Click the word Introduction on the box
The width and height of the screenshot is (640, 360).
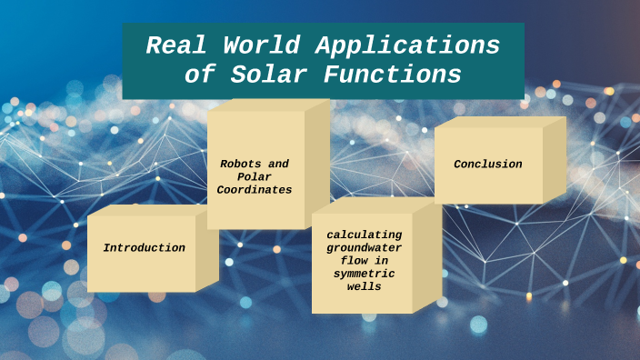(144, 247)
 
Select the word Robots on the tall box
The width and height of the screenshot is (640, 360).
(240, 165)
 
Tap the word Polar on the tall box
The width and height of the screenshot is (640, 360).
(255, 177)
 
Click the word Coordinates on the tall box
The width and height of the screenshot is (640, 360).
(255, 190)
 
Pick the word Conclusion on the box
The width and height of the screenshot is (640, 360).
(488, 165)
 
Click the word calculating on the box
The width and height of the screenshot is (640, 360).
(364, 235)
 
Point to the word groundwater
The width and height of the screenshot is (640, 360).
(364, 247)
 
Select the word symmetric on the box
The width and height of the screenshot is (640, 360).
(364, 273)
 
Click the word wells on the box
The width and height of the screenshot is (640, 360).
(364, 286)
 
